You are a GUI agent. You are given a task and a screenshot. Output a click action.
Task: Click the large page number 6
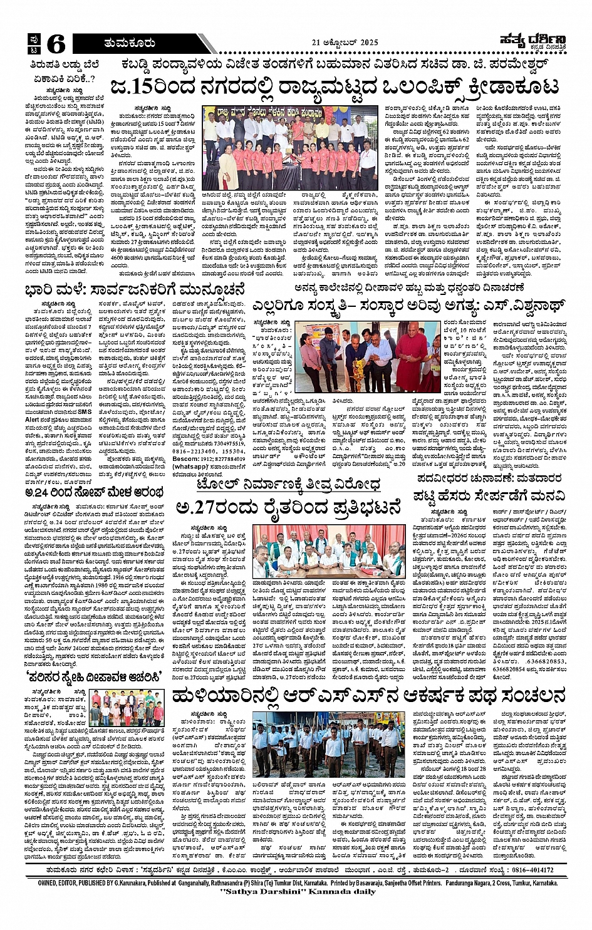55,43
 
